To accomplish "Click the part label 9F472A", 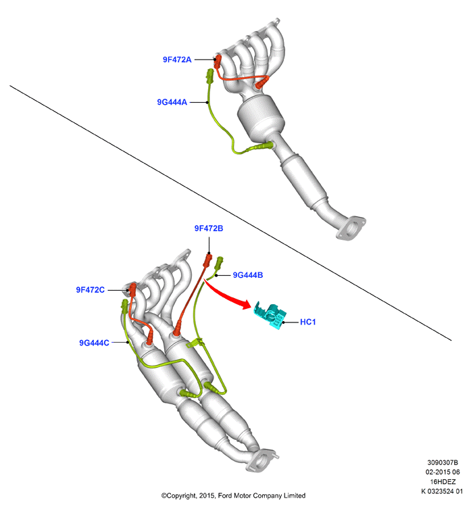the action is (x=177, y=59).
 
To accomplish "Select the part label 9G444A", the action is (x=172, y=102).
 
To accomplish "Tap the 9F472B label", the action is (x=209, y=228).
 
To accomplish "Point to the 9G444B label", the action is (x=248, y=275).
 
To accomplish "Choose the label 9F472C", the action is (x=90, y=290).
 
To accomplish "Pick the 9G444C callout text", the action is (x=94, y=343).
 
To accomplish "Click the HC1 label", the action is (x=307, y=322).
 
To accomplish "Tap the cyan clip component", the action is (x=270, y=315).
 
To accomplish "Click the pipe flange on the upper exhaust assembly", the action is (x=351, y=228).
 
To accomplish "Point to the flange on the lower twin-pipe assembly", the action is (x=262, y=460).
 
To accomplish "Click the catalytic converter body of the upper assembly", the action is (x=261, y=118).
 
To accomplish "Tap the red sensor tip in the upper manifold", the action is (x=262, y=82).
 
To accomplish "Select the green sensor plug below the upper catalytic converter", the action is (x=261, y=147).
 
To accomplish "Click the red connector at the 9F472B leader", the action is (x=207, y=260).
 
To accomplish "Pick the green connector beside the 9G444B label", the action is (x=219, y=263).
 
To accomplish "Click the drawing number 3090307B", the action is (x=442, y=462).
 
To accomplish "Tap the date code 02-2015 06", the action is (x=443, y=472).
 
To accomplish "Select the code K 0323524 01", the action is (x=442, y=491).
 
